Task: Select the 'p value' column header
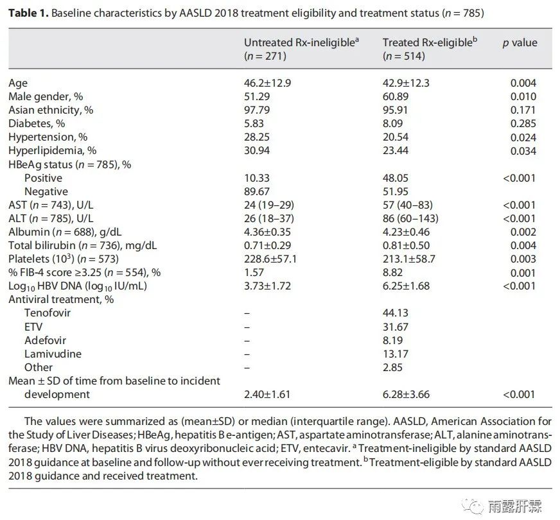(520, 43)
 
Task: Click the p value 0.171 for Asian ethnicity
(523, 110)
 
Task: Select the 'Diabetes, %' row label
(37, 123)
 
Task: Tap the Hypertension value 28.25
(257, 137)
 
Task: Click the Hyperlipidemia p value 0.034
(523, 151)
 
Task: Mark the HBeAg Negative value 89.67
(257, 191)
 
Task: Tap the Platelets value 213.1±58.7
(409, 259)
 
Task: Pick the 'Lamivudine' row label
(53, 354)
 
